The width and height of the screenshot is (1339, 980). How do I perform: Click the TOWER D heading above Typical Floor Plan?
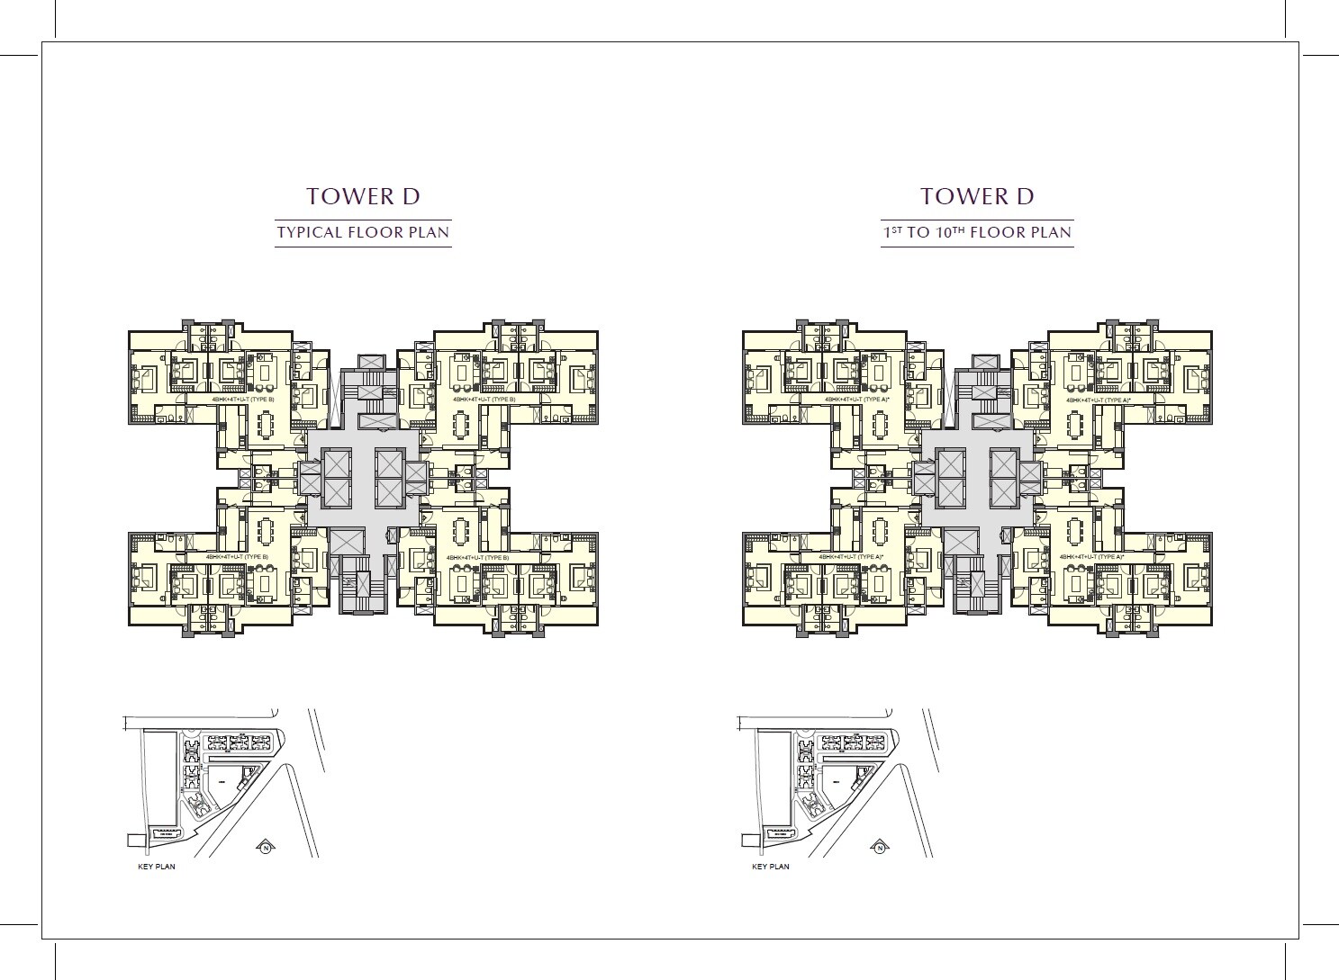coord(363,196)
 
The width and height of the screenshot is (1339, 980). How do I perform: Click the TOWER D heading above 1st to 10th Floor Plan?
coord(977,196)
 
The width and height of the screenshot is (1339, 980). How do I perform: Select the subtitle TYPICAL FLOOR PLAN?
coord(363,232)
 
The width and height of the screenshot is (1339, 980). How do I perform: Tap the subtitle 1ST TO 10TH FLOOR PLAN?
coord(977,232)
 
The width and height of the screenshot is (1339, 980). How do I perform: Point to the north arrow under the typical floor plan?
coord(266,846)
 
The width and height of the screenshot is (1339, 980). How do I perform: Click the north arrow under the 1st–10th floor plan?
coord(879,847)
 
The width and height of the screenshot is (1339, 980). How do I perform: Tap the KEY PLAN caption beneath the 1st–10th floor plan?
coord(770,867)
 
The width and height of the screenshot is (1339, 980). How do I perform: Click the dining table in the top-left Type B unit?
coord(266,424)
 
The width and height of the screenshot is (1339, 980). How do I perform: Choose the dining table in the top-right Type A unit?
coord(1076,424)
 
